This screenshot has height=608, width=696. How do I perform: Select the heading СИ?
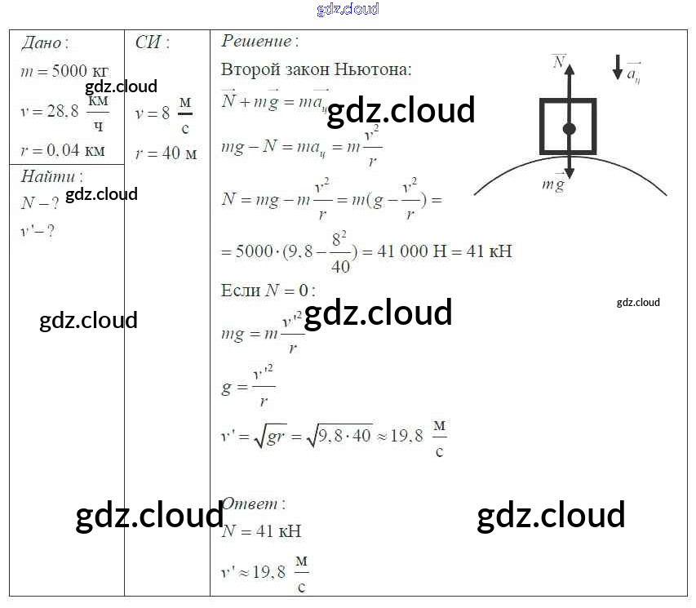152,43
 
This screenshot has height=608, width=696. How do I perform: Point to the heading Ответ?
254,504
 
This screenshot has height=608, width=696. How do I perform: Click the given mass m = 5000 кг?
64,71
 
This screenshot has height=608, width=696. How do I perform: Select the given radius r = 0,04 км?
63,150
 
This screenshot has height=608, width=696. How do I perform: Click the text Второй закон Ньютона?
316,69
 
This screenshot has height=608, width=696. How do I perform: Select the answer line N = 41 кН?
261,531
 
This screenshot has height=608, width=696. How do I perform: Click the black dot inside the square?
569,128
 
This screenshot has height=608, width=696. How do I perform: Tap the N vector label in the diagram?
559,62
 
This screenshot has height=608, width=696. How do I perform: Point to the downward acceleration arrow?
617,68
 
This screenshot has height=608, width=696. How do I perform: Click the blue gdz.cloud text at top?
348,9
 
